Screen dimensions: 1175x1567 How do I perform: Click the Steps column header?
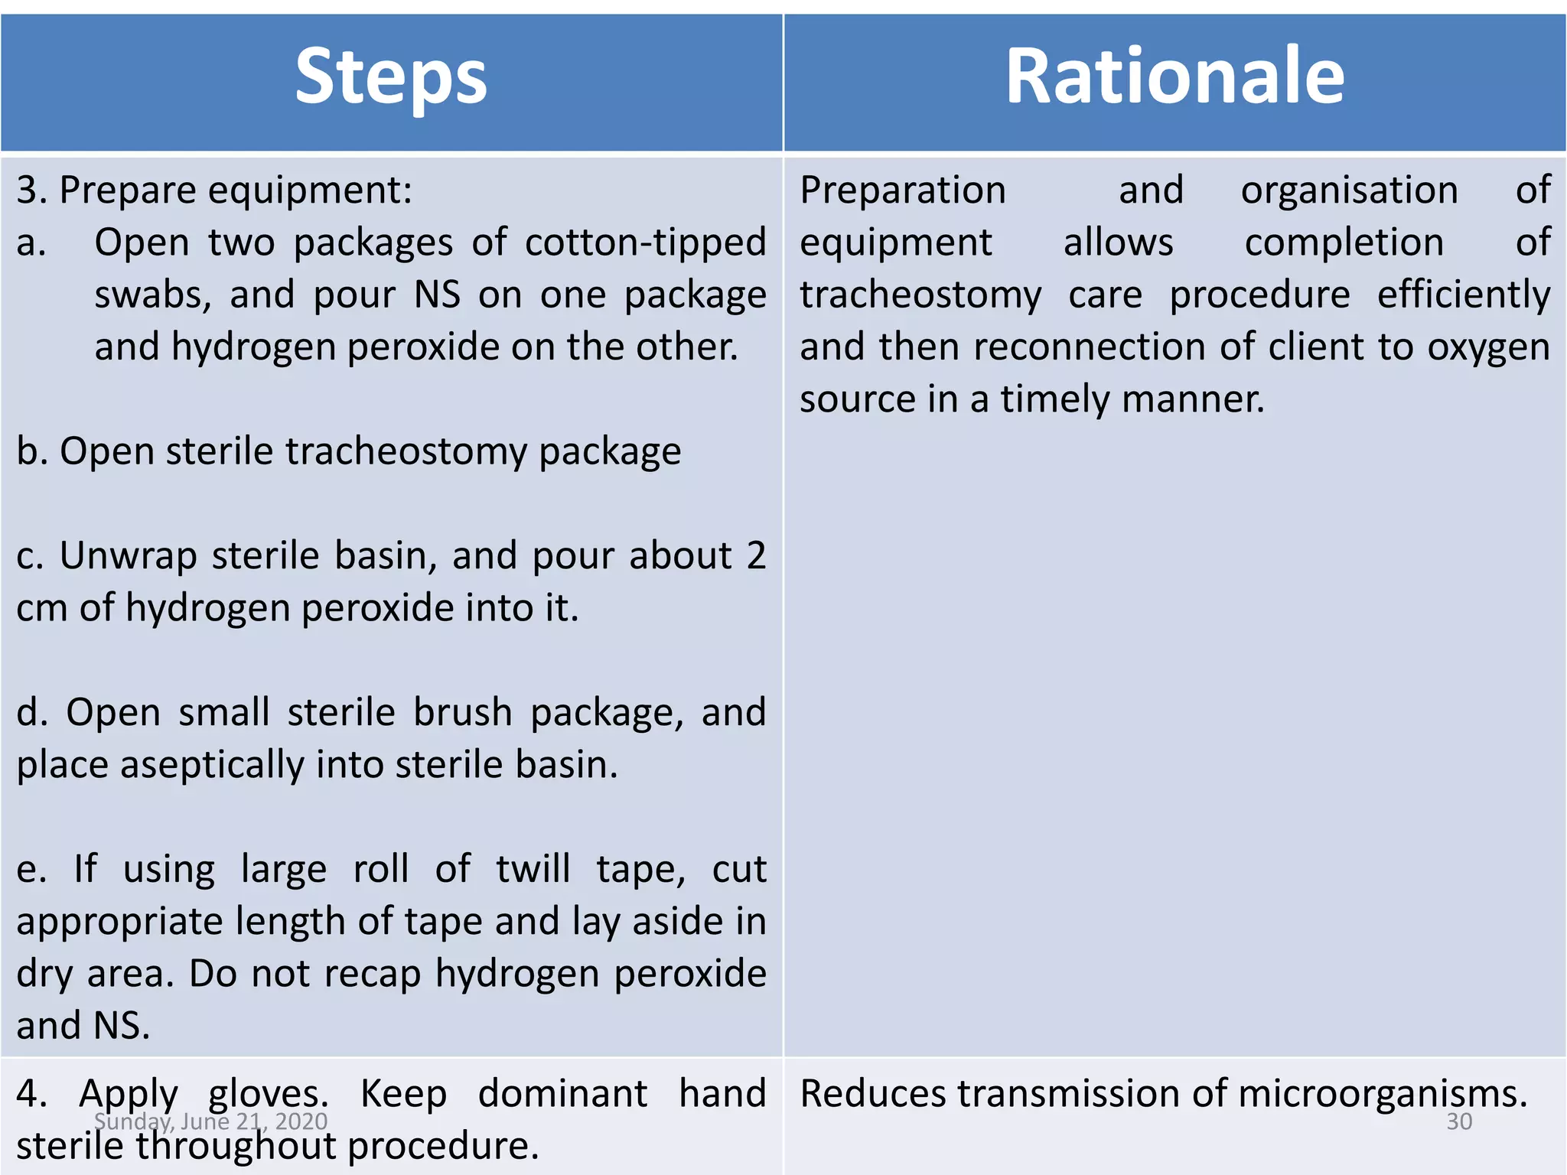391,76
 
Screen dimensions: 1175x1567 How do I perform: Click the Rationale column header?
1174,76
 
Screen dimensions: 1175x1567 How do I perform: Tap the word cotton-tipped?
645,242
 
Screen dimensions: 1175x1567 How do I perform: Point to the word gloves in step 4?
268,1094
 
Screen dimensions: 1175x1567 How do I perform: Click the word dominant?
562,1094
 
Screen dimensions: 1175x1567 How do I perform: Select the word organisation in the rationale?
1349,190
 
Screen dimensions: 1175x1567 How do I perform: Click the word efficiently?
1464,295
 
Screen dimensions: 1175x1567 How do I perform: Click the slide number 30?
1459,1122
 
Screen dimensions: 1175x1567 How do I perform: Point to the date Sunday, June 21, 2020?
210,1122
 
